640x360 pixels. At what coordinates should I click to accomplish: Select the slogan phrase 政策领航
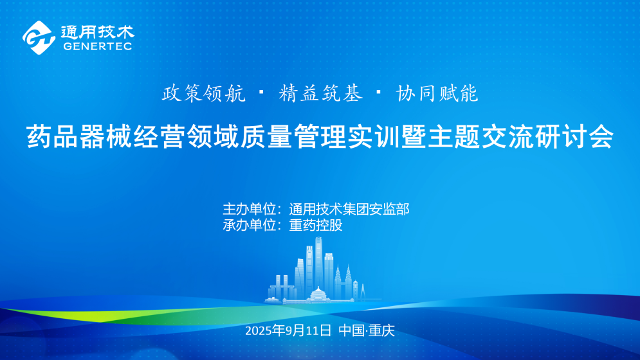(204, 94)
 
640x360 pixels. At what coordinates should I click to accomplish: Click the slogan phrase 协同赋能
(437, 94)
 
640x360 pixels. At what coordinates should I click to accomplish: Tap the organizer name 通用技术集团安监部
(349, 209)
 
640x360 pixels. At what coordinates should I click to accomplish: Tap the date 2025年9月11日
(288, 331)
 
